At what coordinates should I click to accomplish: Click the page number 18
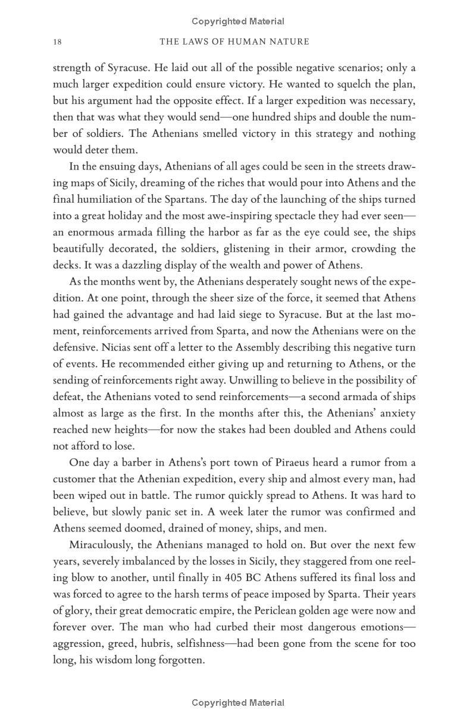pyautogui.click(x=57, y=42)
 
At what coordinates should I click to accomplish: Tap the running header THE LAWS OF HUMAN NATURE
pyautogui.click(x=235, y=42)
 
